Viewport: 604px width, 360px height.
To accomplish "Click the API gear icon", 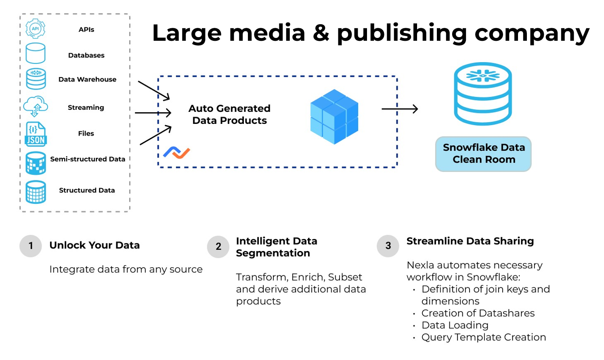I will (x=36, y=29).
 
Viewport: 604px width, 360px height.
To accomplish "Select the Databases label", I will (x=86, y=55).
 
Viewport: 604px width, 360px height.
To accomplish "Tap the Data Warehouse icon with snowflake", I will (x=36, y=79).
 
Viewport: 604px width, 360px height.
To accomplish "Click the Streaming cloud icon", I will (x=36, y=106).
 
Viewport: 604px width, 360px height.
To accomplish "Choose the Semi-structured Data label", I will (x=88, y=159).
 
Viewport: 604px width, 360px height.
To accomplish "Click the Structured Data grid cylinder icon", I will (x=36, y=192).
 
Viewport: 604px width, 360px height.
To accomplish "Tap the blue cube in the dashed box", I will (x=334, y=117).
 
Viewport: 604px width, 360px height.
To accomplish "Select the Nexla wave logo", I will (x=176, y=153).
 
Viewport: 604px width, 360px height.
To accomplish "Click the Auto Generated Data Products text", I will (x=229, y=114).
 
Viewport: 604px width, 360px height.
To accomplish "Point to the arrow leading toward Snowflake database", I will (x=399, y=109).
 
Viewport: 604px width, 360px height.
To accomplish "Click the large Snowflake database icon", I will (x=483, y=94).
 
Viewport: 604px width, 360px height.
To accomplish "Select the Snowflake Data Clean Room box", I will (x=483, y=154).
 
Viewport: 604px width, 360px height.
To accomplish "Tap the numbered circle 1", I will (x=31, y=246).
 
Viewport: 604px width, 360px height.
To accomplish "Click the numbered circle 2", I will (x=218, y=247).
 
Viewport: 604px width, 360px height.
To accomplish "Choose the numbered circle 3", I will (x=388, y=246).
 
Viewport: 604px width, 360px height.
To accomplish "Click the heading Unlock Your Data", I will (x=94, y=245).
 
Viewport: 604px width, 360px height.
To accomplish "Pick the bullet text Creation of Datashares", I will (x=478, y=313).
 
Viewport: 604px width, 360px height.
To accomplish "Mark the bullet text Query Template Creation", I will (x=483, y=337).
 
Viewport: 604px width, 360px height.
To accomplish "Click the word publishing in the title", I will (x=402, y=33).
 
